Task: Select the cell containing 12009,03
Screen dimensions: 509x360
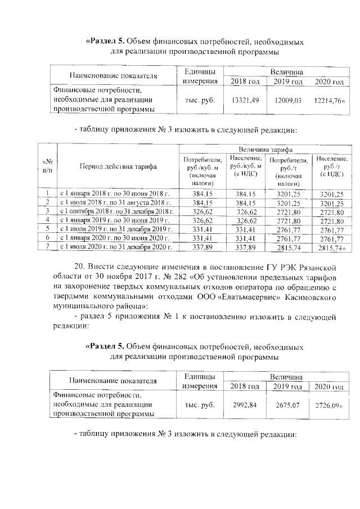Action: pos(288,100)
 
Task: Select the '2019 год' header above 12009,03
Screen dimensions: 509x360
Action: pos(288,82)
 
